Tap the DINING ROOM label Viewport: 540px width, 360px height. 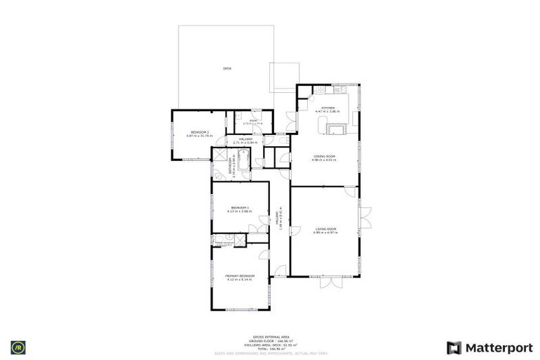click(323, 156)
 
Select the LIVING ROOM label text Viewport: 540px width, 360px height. click(324, 229)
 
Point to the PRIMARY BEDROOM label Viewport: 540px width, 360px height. click(240, 275)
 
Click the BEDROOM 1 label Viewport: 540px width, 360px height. click(239, 207)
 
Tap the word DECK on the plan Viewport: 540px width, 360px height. click(226, 68)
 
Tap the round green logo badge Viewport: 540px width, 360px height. click(16, 347)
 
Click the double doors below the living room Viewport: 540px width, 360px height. click(331, 283)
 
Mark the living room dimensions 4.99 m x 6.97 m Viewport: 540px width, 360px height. click(324, 233)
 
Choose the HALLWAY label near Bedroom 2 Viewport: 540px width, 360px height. click(245, 139)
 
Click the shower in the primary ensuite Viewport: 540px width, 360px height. click(240, 239)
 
